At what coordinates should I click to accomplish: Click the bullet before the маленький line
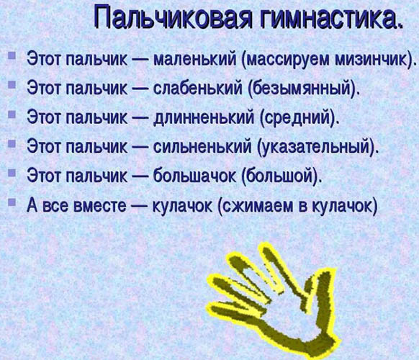point(12,55)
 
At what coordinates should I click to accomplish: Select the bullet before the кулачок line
point(12,202)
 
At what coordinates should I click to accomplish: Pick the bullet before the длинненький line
point(12,114)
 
